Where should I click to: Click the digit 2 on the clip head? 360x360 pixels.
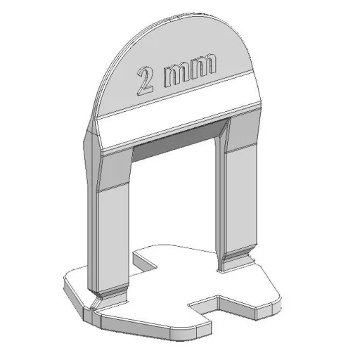[145, 82]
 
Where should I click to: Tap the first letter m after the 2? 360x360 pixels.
[177, 75]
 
